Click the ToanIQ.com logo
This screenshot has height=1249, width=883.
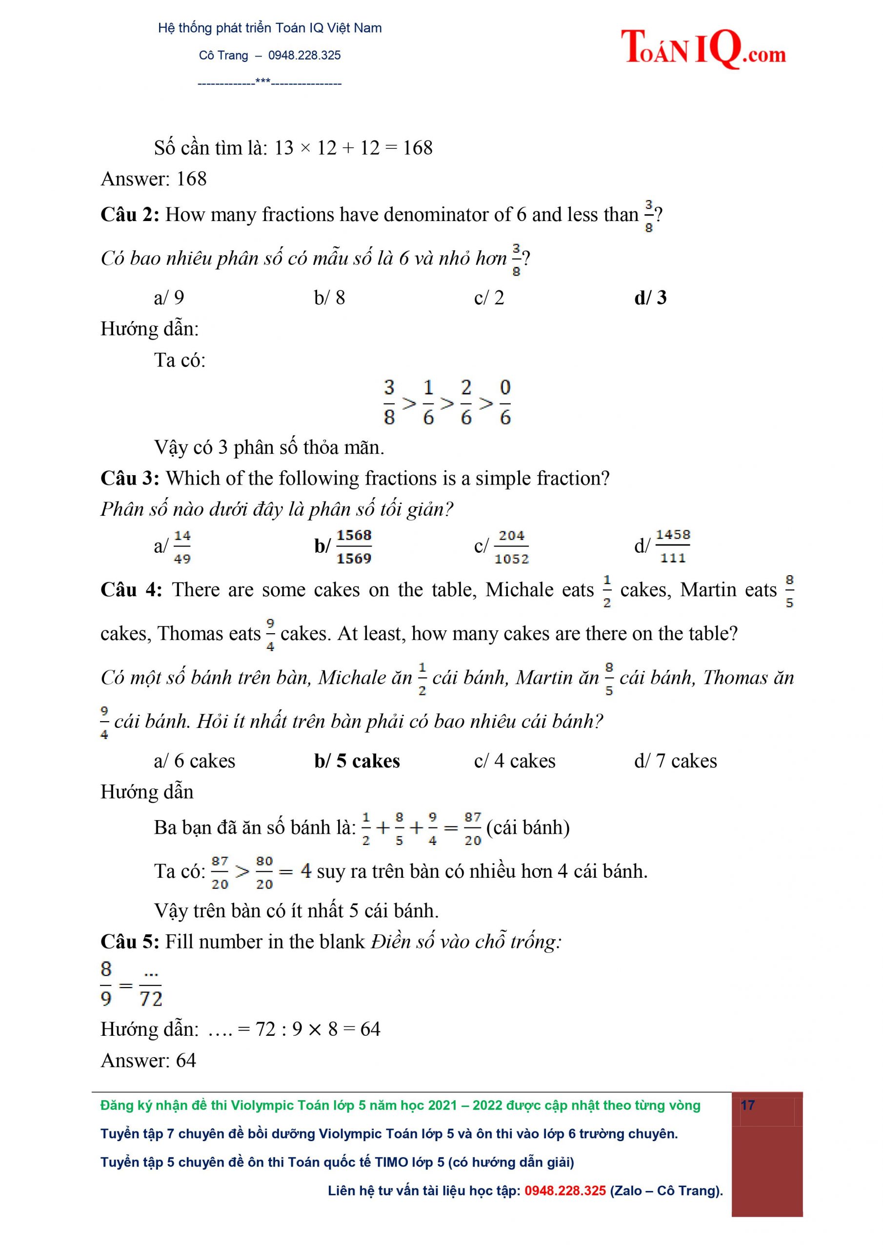point(703,48)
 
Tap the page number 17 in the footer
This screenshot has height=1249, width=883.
point(747,1105)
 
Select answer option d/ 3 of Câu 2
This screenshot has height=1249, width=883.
point(650,298)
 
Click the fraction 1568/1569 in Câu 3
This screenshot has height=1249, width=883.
point(354,547)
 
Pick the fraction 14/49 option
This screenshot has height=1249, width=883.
point(181,547)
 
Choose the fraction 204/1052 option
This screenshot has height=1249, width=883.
point(511,547)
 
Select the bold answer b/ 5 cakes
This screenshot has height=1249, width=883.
point(357,761)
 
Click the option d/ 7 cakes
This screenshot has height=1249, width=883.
point(675,761)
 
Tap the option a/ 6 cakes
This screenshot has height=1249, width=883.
point(194,761)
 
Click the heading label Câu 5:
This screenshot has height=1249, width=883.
point(129,942)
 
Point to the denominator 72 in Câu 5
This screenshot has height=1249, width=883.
point(151,999)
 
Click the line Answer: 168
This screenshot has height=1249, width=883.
point(153,179)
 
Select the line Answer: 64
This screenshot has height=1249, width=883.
point(148,1060)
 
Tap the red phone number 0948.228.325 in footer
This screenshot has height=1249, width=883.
point(565,1190)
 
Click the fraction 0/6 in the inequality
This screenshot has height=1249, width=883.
point(505,403)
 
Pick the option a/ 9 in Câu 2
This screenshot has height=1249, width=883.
point(169,298)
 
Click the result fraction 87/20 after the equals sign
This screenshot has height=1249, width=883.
point(473,828)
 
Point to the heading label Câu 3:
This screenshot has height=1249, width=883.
point(129,478)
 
